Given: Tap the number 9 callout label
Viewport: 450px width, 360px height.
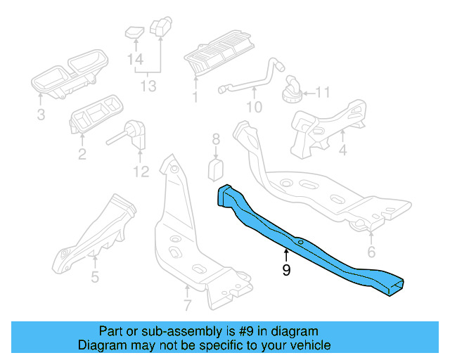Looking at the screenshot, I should pyautogui.click(x=285, y=270).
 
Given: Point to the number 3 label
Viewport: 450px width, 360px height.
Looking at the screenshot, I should pyautogui.click(x=41, y=114).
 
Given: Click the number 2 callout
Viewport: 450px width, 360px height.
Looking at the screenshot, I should pyautogui.click(x=82, y=154).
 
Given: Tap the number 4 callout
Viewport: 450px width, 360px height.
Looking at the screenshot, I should pyautogui.click(x=342, y=150).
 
